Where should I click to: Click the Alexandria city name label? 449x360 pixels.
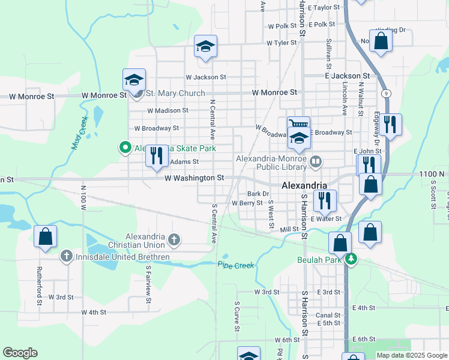pyautogui.click(x=305, y=185)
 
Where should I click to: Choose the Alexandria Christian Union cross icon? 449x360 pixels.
pyautogui.click(x=174, y=241)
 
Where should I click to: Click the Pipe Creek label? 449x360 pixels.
pyautogui.click(x=236, y=265)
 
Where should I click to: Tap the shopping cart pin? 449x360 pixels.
pyautogui.click(x=298, y=124)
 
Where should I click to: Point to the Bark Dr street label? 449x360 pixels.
pyautogui.click(x=258, y=194)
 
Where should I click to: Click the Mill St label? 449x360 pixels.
pyautogui.click(x=289, y=230)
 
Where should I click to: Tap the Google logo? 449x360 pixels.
pyautogui.click(x=20, y=353)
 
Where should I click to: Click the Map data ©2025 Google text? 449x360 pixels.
pyautogui.click(x=411, y=355)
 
